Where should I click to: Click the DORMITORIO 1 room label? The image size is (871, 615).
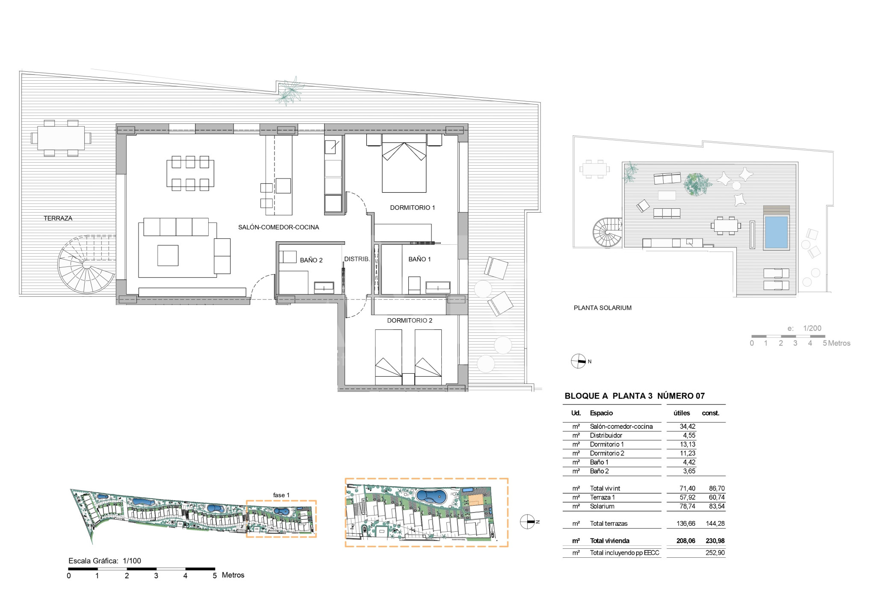412,208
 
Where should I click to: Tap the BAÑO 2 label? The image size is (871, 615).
311,260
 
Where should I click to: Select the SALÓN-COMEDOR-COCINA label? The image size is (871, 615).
278,227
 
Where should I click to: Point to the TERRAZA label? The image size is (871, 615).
58,218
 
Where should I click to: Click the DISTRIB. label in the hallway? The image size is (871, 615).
357,259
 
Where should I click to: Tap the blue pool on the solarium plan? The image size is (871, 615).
776,232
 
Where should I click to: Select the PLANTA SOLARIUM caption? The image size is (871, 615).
602,308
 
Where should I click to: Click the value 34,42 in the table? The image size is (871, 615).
688,426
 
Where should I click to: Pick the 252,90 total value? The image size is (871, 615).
715,553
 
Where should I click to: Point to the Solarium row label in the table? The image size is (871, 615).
602,506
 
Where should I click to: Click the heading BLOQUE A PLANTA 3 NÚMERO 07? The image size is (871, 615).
635,396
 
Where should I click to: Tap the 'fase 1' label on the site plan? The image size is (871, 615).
281,495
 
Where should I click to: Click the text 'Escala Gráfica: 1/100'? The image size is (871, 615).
105,561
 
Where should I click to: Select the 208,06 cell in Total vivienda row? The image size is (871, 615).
686,541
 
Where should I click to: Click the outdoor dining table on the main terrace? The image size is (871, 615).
61,138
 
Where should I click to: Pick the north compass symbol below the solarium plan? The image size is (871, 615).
578,361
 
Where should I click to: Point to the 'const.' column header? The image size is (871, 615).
711,413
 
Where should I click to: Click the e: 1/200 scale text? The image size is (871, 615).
804,328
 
